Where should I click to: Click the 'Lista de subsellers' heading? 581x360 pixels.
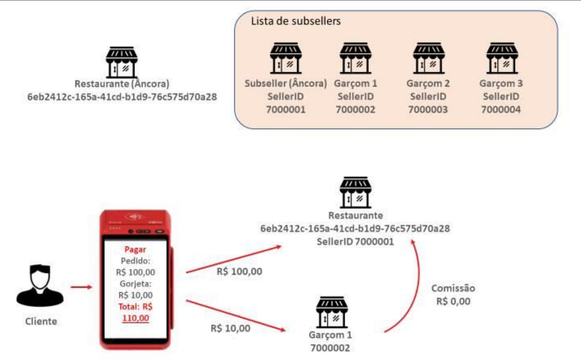point(296,21)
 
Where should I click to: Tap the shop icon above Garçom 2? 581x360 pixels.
point(429,58)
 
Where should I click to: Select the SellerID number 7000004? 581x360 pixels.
point(501,110)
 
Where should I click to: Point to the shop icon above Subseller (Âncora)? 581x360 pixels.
point(285,58)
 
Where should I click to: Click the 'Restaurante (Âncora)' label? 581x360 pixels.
point(122,84)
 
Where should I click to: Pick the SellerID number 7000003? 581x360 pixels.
point(428,110)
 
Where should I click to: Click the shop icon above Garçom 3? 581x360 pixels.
point(502,58)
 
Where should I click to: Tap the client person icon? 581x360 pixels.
point(40,285)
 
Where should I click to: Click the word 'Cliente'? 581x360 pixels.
point(41,321)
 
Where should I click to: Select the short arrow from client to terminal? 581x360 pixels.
point(81,287)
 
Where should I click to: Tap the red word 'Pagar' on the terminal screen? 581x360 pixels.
point(135,249)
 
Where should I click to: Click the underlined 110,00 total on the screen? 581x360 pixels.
point(136,318)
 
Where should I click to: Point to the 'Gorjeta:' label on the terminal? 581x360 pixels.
point(136,284)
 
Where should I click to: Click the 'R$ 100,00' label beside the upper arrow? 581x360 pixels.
point(239,272)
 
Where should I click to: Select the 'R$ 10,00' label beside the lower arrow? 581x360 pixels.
point(231,328)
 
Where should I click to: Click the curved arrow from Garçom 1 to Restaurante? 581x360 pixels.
point(416,288)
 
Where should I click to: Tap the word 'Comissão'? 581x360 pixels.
point(453,288)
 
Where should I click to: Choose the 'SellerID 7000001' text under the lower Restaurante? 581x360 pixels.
point(355,242)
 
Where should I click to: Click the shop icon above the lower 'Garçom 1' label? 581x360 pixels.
point(332,312)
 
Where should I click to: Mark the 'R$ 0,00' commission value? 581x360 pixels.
point(453,302)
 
